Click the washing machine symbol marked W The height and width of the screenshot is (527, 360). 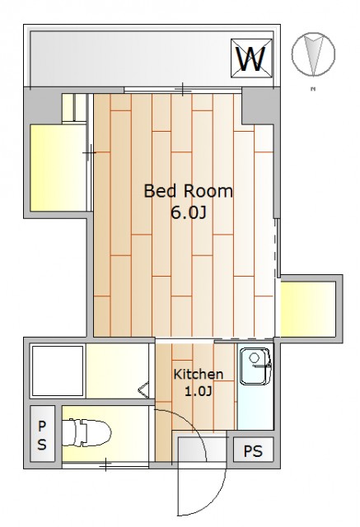click(251, 58)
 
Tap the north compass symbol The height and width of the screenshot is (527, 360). click(313, 54)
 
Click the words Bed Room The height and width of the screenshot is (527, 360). click(188, 191)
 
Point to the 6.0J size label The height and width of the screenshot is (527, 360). click(188, 212)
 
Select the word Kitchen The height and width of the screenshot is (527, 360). click(199, 374)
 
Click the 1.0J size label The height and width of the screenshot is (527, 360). click(199, 391)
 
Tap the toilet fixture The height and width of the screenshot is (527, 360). click(86, 432)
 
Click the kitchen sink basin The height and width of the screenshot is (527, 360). click(255, 366)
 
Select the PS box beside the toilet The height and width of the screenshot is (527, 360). click(42, 434)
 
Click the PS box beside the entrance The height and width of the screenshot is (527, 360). click(253, 450)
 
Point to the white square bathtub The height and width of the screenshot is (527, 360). click(58, 371)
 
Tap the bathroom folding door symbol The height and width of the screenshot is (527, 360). click(143, 390)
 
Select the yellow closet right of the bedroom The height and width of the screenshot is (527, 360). click(308, 309)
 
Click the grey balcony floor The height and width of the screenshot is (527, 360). click(130, 58)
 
